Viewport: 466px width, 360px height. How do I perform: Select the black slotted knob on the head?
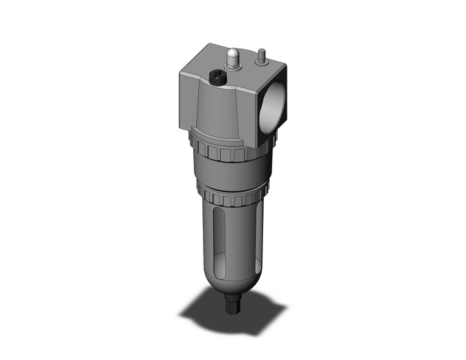click(216, 79)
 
